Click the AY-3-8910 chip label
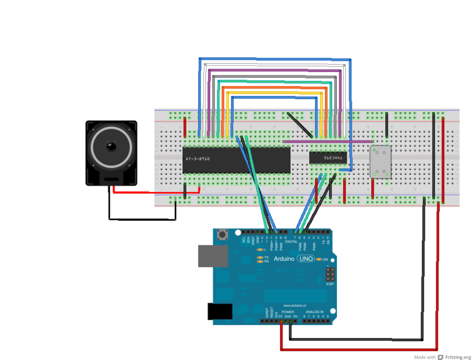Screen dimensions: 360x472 point(197,159)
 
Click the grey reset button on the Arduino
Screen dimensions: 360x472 point(224,235)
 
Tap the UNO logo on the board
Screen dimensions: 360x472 point(305,259)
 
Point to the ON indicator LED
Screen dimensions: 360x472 point(319,259)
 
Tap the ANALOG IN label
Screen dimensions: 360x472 point(313,311)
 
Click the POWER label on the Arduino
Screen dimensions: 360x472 point(287,311)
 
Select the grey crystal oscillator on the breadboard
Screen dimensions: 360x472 point(381,161)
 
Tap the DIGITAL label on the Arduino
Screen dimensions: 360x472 point(291,241)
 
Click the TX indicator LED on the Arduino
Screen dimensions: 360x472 point(260,257)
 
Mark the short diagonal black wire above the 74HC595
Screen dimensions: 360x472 point(300,123)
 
